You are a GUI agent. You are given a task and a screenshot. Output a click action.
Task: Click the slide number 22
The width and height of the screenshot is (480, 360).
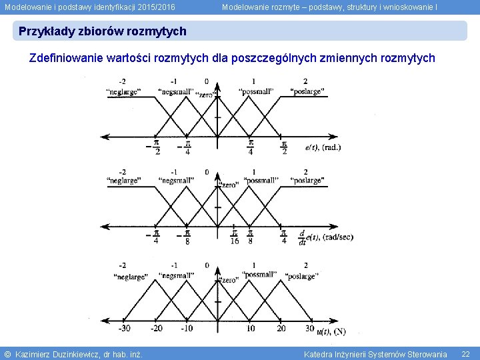pos(465,354)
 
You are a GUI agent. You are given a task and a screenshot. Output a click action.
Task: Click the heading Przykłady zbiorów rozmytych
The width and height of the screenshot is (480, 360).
pos(103,31)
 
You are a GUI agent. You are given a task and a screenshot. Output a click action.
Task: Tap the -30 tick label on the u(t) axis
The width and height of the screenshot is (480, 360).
pos(125,328)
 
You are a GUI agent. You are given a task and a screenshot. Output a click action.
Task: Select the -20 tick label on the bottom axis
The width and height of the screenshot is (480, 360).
pos(156,328)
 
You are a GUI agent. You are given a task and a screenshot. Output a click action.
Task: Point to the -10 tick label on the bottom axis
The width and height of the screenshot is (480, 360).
pos(187,328)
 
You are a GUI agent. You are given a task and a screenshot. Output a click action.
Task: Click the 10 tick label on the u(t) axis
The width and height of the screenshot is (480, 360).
pos(250,328)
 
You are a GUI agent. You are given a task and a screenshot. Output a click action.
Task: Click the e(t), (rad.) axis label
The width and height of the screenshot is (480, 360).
pos(323,147)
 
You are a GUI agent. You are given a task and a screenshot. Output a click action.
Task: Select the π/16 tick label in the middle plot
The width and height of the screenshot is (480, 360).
pos(234,237)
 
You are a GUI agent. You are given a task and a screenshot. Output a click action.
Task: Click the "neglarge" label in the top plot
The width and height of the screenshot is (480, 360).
pos(123,92)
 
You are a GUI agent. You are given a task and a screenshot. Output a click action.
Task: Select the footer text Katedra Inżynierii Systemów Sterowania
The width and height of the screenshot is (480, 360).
pos(375,354)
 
